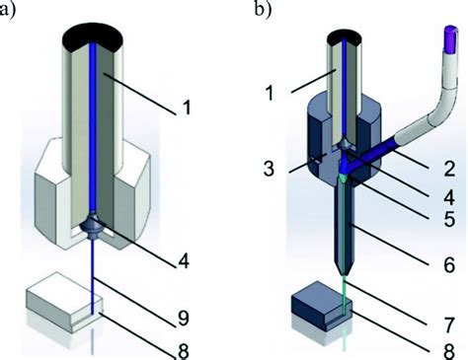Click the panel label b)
coord(260,12)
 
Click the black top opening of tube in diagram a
coord(96,35)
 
